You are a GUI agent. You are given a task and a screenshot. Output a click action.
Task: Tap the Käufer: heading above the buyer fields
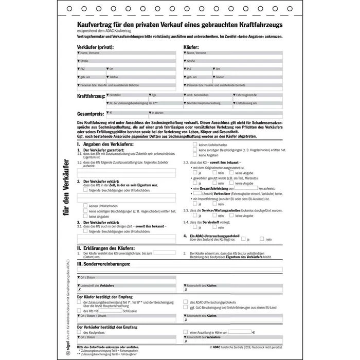tap(191, 46)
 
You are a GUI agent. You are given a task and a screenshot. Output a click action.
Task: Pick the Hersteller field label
tap(116, 95)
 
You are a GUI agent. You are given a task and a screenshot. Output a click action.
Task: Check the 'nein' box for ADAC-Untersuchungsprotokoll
tap(262, 239)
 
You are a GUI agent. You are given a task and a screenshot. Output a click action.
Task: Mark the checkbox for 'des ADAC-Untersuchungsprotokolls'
tap(186, 302)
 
